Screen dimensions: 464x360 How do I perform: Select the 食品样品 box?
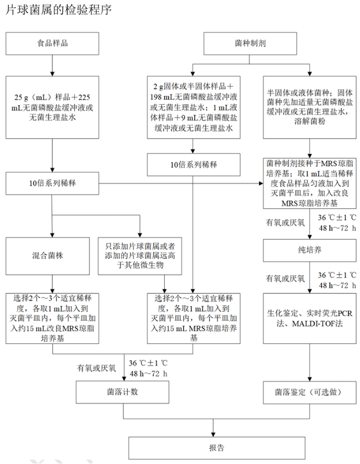[x=52, y=44]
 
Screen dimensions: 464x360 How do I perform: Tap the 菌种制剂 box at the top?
[x=250, y=44]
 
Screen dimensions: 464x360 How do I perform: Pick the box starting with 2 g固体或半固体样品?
[x=193, y=107]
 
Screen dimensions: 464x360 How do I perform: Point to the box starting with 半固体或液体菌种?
[x=309, y=107]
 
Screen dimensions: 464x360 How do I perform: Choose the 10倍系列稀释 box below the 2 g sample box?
[x=193, y=165]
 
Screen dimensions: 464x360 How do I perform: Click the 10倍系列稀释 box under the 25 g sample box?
[x=52, y=183]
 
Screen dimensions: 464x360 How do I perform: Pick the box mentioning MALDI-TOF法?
[x=309, y=319]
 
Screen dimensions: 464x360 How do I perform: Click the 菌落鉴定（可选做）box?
[x=309, y=391]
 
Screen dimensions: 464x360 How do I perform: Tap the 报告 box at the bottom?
[x=216, y=447]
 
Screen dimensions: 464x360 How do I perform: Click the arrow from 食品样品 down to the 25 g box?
[x=52, y=65]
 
